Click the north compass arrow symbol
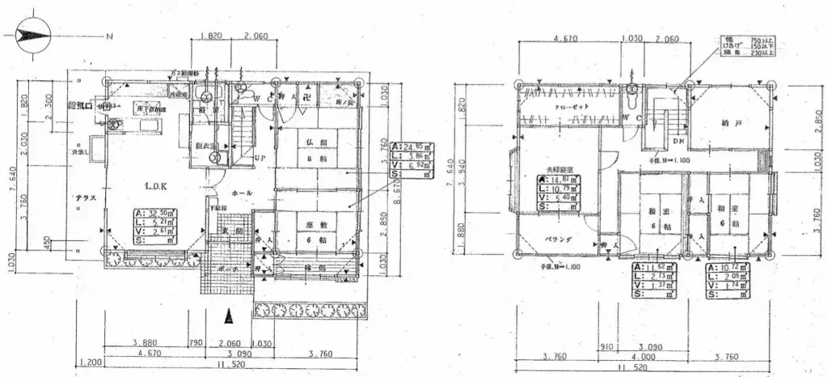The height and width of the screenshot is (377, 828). point(32,36)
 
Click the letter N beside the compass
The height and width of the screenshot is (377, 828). point(109,36)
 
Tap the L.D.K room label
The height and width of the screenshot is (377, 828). point(156,187)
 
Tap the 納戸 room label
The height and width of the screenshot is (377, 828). point(731,123)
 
